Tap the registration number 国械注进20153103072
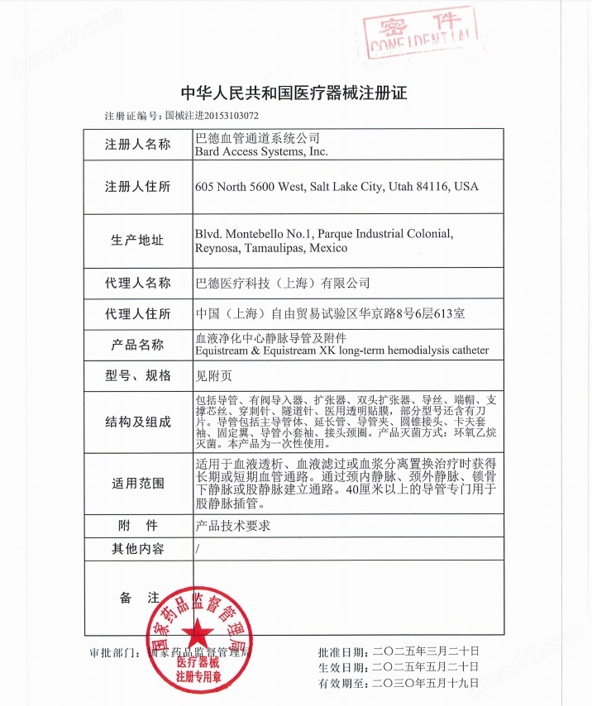click(x=212, y=117)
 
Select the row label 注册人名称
click(x=138, y=145)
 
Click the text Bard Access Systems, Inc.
click(x=261, y=152)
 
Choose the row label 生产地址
click(x=138, y=241)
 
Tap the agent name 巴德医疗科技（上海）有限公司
click(x=281, y=283)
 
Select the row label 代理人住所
click(x=138, y=314)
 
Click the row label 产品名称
click(x=138, y=345)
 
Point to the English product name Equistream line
click(x=341, y=351)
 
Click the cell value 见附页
click(x=214, y=375)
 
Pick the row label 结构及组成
click(x=138, y=422)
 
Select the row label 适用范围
click(x=138, y=484)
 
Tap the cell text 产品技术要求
click(x=232, y=525)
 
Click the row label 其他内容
click(x=138, y=549)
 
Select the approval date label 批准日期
click(x=342, y=651)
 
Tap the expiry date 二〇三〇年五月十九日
click(x=425, y=683)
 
